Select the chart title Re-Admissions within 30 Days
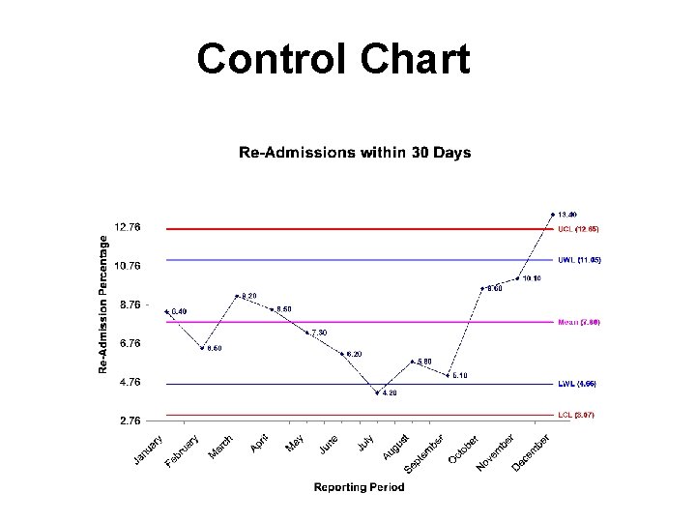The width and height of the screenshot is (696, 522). [355, 152]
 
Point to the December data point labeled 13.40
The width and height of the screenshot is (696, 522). [552, 214]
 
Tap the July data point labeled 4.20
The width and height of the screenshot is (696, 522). [377, 392]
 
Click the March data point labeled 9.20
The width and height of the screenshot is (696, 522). [237, 296]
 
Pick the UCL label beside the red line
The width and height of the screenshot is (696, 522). [578, 229]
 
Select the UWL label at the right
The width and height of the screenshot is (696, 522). [579, 260]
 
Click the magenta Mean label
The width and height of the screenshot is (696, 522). [579, 322]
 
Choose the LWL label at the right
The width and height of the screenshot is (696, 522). [577, 384]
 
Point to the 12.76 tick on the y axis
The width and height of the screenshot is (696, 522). [128, 227]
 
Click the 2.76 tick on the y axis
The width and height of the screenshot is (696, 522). [128, 420]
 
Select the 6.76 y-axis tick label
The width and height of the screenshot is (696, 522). [128, 343]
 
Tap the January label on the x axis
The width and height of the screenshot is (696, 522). [148, 450]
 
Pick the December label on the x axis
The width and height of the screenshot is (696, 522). [531, 452]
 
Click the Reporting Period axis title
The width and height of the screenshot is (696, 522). [359, 487]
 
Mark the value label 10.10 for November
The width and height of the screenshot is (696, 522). [531, 278]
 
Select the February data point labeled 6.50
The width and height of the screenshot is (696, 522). [202, 348]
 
